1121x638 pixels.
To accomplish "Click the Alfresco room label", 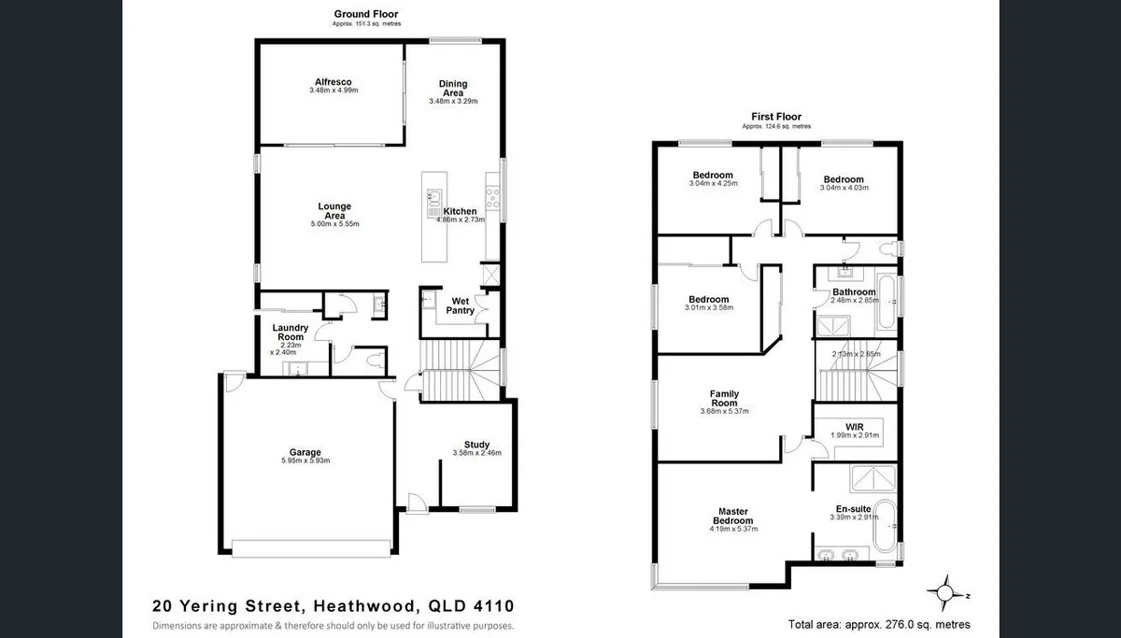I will point(333,81).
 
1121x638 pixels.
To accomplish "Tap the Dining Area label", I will point(453,89).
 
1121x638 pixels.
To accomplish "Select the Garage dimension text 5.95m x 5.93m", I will point(305,461).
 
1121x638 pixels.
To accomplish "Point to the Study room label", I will point(476,445).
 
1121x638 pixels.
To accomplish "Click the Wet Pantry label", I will point(461,305).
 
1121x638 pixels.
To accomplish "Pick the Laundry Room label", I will point(290,333).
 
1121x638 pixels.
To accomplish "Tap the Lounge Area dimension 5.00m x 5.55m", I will point(333,224).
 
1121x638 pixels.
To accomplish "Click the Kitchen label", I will point(461,211).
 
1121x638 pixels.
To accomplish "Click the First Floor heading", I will point(776,117).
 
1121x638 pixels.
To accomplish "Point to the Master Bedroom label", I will point(732,517).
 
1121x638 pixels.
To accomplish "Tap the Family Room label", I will point(724,399).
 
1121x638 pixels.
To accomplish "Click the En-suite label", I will point(854,509).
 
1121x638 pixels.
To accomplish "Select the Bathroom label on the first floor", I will point(854,291).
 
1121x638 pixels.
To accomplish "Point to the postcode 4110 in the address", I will point(490,606).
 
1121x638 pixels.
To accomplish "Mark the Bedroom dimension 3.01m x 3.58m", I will point(709,307).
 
